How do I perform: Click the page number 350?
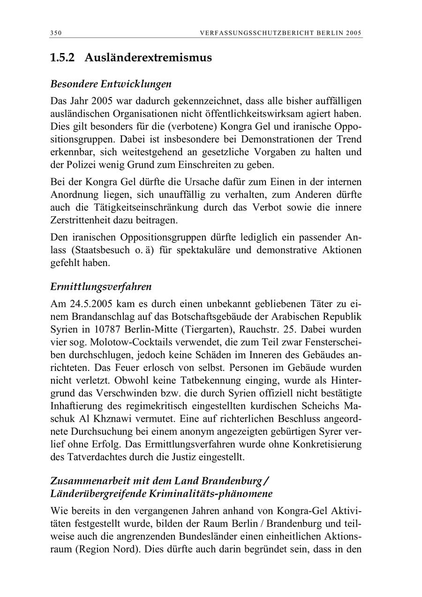click(56, 33)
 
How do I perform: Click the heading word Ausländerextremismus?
click(148, 58)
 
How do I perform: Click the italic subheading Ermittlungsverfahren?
click(101, 286)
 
